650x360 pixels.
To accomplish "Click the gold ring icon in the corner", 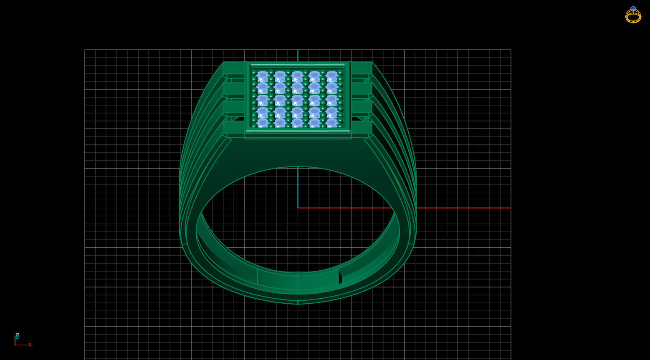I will [x=633, y=15].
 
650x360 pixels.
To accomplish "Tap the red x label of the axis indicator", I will [x=30, y=345].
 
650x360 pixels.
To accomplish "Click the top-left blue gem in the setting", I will [x=263, y=77].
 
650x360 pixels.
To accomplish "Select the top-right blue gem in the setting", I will [x=332, y=77].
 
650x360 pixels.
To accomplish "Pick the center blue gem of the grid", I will [x=297, y=100].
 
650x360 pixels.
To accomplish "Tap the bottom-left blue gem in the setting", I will [x=263, y=123].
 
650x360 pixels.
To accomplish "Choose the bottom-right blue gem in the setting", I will [x=332, y=123].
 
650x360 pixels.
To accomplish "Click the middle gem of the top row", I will [x=297, y=77].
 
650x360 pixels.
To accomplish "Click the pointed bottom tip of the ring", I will [x=298, y=303].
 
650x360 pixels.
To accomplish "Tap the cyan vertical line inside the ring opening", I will [x=298, y=188].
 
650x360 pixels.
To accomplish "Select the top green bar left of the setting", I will [x=234, y=68].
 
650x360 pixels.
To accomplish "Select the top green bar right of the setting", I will [x=362, y=68].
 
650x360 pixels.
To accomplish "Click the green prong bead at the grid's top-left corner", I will [x=254, y=72].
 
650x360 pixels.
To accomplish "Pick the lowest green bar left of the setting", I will [x=234, y=127].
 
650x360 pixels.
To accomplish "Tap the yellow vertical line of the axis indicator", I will [x=15, y=340].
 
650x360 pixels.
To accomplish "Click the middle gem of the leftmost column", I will [x=263, y=100].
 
